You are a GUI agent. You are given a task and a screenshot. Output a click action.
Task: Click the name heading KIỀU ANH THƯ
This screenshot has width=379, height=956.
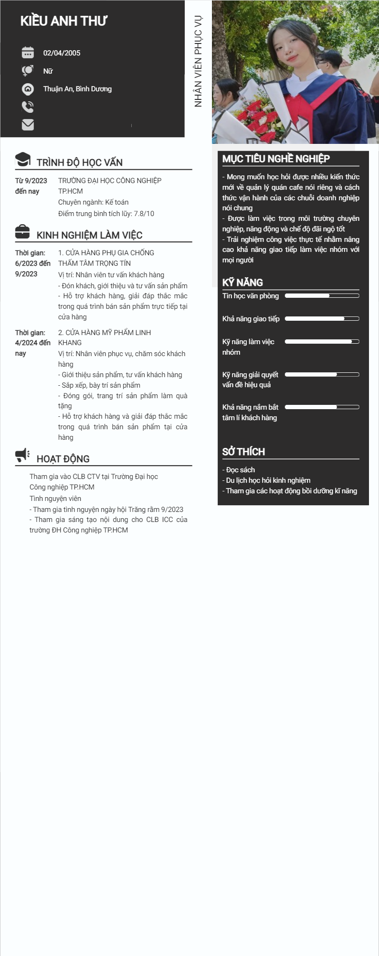(63, 21)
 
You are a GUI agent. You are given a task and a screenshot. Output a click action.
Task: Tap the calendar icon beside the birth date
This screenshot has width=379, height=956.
(28, 53)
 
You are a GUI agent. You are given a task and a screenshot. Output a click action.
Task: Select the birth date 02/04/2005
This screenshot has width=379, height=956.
(62, 53)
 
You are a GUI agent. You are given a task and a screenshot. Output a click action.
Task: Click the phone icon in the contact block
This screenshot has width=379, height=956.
(28, 107)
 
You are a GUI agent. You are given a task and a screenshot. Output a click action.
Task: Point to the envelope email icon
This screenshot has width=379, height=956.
(28, 125)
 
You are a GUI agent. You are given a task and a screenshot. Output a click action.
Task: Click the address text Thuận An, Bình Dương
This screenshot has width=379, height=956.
(77, 89)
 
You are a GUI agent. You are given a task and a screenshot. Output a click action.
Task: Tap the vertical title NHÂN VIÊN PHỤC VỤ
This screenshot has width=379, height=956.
(198, 61)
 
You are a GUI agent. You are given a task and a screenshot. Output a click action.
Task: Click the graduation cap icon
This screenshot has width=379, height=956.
(23, 160)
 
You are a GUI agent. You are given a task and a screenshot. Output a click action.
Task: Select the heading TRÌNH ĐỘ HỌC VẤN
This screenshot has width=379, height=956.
(79, 163)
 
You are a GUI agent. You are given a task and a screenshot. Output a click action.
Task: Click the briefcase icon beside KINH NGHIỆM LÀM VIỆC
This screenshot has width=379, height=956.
(22, 232)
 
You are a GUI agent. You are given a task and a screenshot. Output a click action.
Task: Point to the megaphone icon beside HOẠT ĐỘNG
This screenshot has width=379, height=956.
(22, 456)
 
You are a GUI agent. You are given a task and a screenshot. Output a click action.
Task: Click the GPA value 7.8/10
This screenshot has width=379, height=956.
(144, 214)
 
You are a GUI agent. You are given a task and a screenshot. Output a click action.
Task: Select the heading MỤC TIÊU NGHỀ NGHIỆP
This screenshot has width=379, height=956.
(276, 159)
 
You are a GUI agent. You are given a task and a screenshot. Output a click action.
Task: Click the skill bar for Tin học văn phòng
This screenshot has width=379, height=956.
(322, 296)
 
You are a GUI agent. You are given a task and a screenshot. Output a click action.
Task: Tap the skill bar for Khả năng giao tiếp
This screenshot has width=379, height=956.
(322, 319)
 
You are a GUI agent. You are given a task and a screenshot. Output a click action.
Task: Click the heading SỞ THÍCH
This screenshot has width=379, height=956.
(243, 452)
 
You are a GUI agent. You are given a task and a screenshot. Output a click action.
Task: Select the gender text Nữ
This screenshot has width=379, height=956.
(48, 71)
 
